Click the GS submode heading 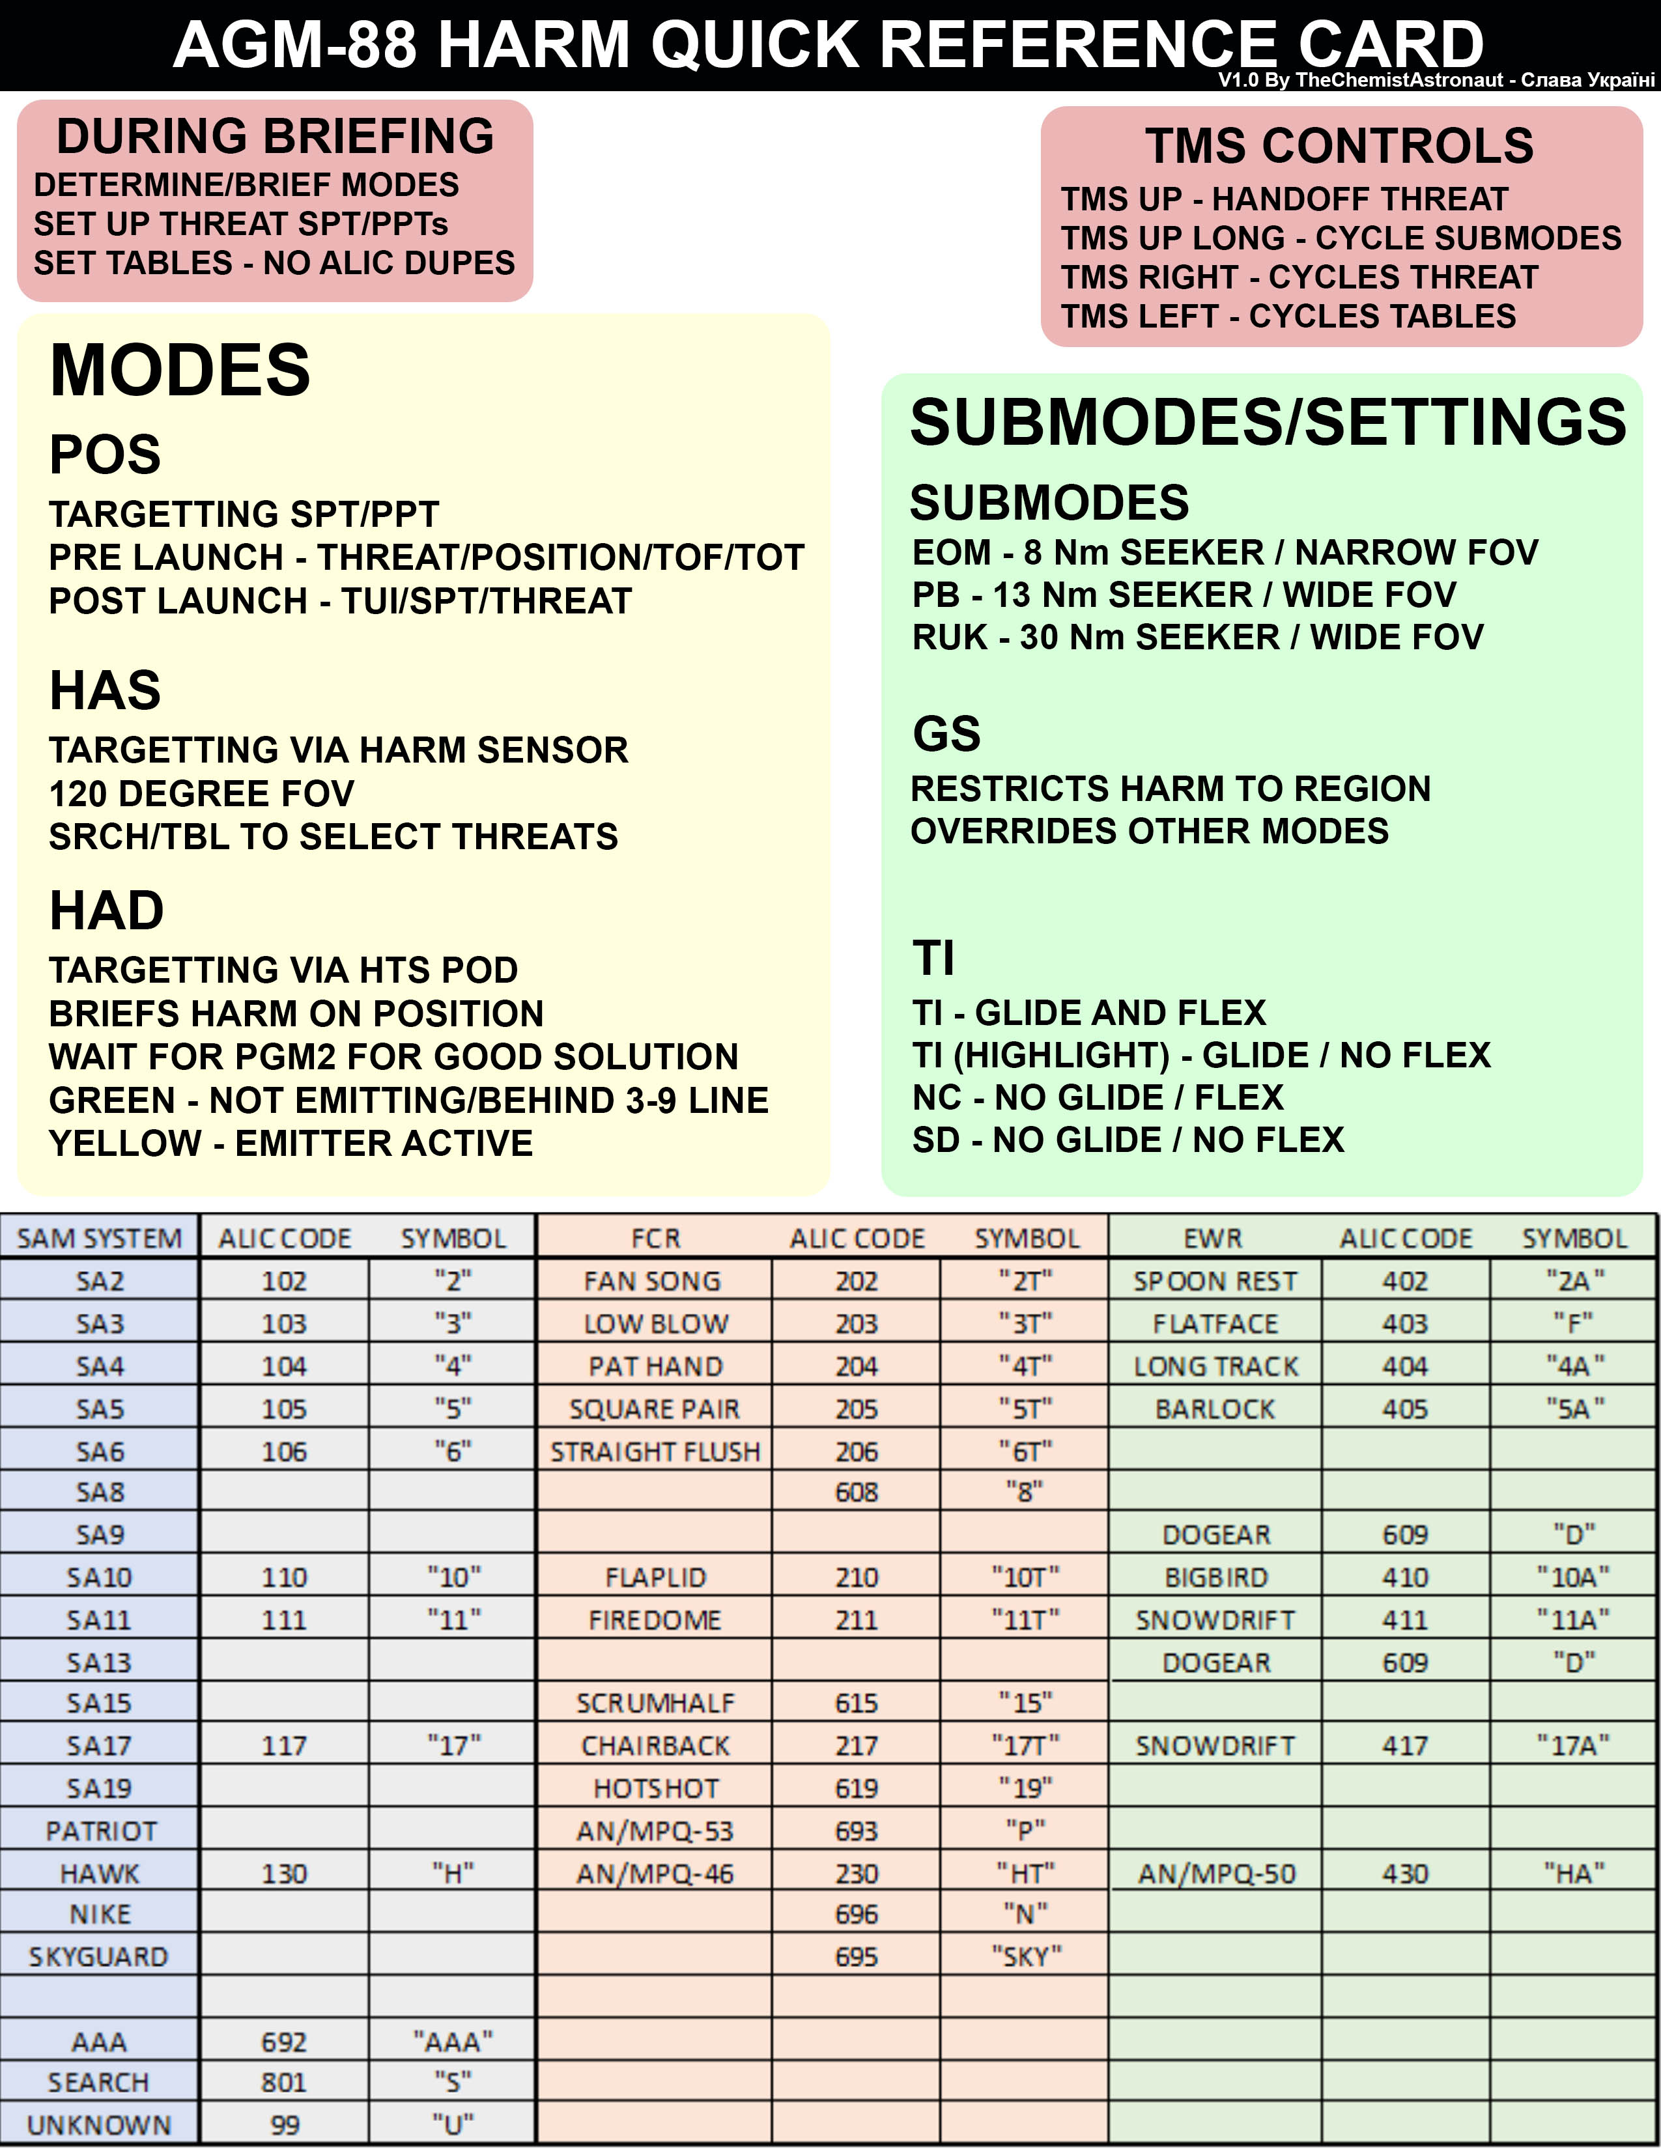[x=946, y=734]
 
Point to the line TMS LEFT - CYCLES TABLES [x=1288, y=316]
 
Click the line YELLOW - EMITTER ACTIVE [x=291, y=1144]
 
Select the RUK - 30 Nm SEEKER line [x=1197, y=638]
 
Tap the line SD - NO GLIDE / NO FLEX [x=1128, y=1140]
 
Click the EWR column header [x=1214, y=1238]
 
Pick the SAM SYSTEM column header [x=100, y=1238]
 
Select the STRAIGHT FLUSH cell [x=655, y=1452]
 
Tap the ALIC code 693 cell [x=856, y=1831]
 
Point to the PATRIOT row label [x=100, y=1831]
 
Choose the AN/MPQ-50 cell [x=1216, y=1874]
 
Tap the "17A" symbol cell [x=1574, y=1745]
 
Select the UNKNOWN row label [x=100, y=2124]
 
